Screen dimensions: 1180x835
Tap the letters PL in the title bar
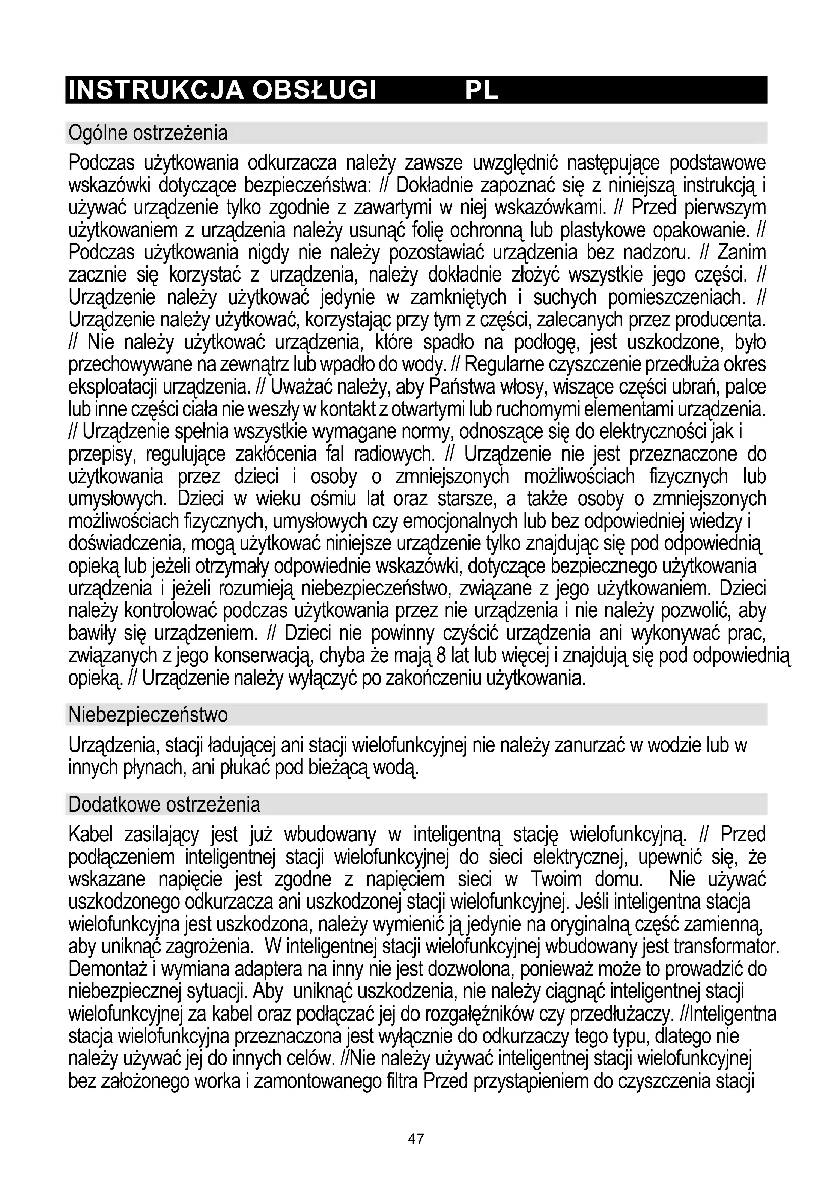(x=481, y=90)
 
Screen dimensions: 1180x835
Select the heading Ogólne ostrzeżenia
(x=147, y=133)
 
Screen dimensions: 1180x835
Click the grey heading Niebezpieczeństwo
(x=147, y=715)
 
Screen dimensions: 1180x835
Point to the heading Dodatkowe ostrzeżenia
(x=164, y=804)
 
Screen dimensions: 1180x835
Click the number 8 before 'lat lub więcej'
(x=441, y=656)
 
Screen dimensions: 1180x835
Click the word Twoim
(x=556, y=880)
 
